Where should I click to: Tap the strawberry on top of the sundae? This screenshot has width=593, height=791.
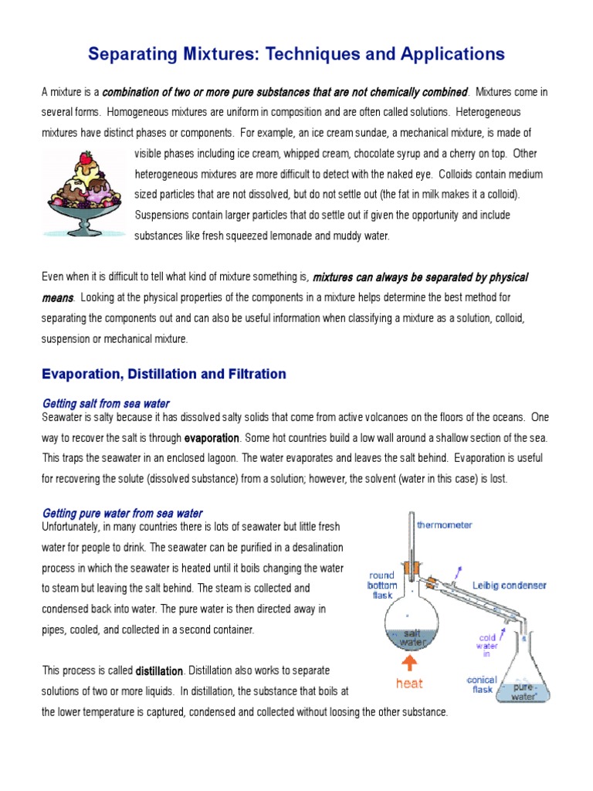85,158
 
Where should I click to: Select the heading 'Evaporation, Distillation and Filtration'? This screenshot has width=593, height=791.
164,374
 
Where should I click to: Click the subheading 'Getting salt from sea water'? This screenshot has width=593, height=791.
106,404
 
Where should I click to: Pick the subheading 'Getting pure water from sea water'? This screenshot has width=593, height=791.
122,513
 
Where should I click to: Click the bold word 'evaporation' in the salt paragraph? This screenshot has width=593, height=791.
212,438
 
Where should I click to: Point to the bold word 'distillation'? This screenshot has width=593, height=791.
159,670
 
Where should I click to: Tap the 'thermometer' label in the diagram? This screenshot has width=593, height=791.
445,525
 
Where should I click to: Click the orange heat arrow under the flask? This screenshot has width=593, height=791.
408,664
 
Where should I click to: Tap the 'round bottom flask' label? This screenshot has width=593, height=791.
382,586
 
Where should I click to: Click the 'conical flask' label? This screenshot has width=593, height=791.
482,685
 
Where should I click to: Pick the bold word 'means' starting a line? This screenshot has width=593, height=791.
57,297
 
